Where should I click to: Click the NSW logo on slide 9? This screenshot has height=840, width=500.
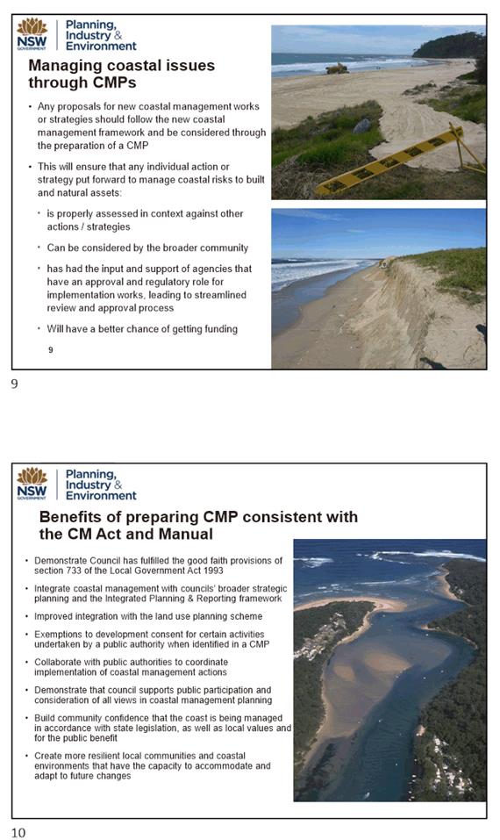tap(32, 35)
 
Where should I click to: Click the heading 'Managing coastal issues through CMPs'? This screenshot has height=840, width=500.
tap(121, 75)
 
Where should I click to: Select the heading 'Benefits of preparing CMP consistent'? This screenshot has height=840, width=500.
tap(198, 525)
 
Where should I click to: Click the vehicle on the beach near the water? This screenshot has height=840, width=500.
tap(337, 68)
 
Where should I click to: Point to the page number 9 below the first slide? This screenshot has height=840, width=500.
tap(14, 384)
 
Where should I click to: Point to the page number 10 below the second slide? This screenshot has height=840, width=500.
tap(18, 832)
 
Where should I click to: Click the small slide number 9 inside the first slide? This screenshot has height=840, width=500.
tap(51, 349)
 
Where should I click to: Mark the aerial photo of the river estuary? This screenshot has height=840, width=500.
tap(389, 669)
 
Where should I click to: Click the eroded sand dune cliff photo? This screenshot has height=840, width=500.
tap(378, 288)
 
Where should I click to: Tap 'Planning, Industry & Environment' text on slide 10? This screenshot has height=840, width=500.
tap(101, 485)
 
